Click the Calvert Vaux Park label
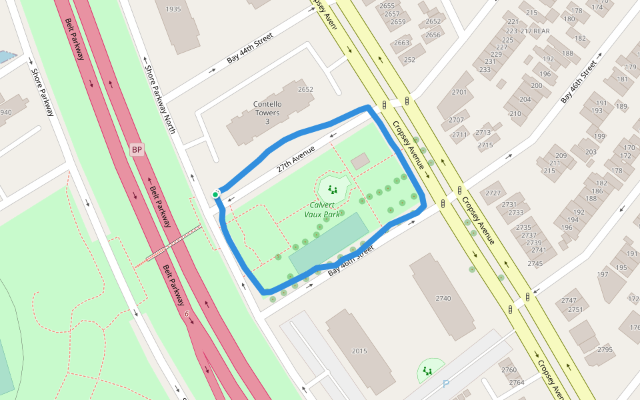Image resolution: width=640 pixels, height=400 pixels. coord(323,210)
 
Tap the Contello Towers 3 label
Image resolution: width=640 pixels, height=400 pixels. coord(267,113)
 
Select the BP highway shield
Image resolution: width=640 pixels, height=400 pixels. coord(137,149)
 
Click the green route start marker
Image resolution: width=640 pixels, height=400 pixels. coord(215,195)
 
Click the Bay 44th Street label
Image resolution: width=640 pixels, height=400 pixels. coord(250,50)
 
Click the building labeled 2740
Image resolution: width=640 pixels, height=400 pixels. coord(443,298)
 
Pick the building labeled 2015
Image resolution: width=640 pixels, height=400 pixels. coord(359,351)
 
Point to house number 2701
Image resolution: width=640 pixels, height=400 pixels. coord(459,92)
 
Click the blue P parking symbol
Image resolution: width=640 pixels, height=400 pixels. coord(446,384)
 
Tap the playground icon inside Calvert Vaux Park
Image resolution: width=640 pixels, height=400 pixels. coord(333,189)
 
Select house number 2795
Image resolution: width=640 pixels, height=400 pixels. coord(605,349)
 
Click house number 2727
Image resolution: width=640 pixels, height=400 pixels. coord(493,193)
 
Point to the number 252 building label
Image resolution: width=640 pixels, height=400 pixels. coord(409,60)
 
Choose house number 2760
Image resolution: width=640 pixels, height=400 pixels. coord(509,370)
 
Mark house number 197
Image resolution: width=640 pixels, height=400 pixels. coord(603,274)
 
